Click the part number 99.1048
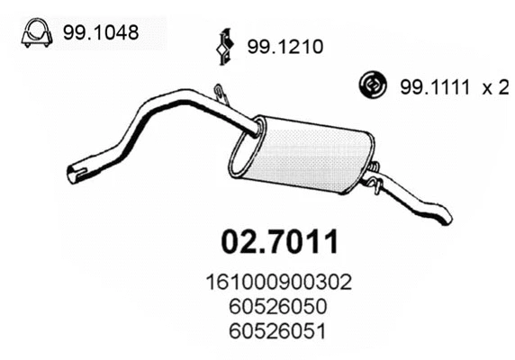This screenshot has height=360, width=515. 102,32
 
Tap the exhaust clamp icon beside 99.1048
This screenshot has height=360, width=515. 34,32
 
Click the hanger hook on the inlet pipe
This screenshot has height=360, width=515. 220,93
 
